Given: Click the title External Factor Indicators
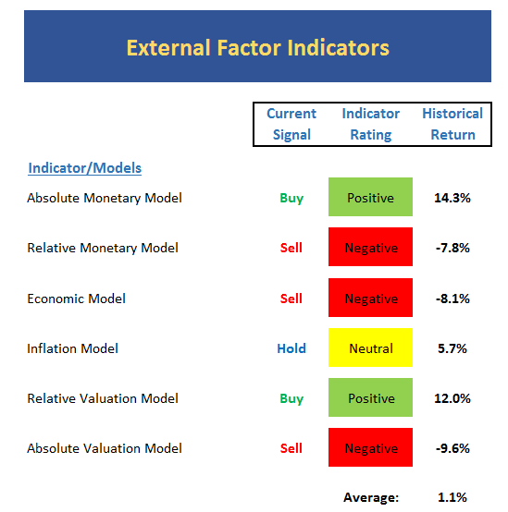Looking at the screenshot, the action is pos(258,48).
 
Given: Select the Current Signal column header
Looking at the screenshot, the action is pos(291,124).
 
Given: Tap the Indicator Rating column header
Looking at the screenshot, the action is pos(371,124).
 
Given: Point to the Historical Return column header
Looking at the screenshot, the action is pos(452,124).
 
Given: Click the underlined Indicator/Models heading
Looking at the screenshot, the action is pos(85,168).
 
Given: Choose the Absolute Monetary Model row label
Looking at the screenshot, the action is pos(105,198).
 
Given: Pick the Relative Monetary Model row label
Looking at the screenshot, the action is pos(103,248).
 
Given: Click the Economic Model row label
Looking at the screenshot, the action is pos(76,299).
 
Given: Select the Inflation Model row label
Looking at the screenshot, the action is pos(72,348).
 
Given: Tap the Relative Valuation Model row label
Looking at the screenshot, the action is pos(103,398).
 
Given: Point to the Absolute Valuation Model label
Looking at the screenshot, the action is pos(105,448).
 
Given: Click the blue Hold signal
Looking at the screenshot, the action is pos(291,348).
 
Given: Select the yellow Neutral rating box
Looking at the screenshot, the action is pos(370,347).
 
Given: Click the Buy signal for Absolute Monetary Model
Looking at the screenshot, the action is pos(291,199).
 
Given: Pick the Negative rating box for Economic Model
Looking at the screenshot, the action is pos(370,298).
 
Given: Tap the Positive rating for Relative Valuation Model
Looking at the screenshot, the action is pos(370,397).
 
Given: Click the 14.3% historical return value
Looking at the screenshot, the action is pos(452,198).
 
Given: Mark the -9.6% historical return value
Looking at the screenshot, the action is pos(452,448).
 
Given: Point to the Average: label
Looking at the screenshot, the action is pos(371,497).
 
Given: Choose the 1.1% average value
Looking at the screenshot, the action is pos(452,497).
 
